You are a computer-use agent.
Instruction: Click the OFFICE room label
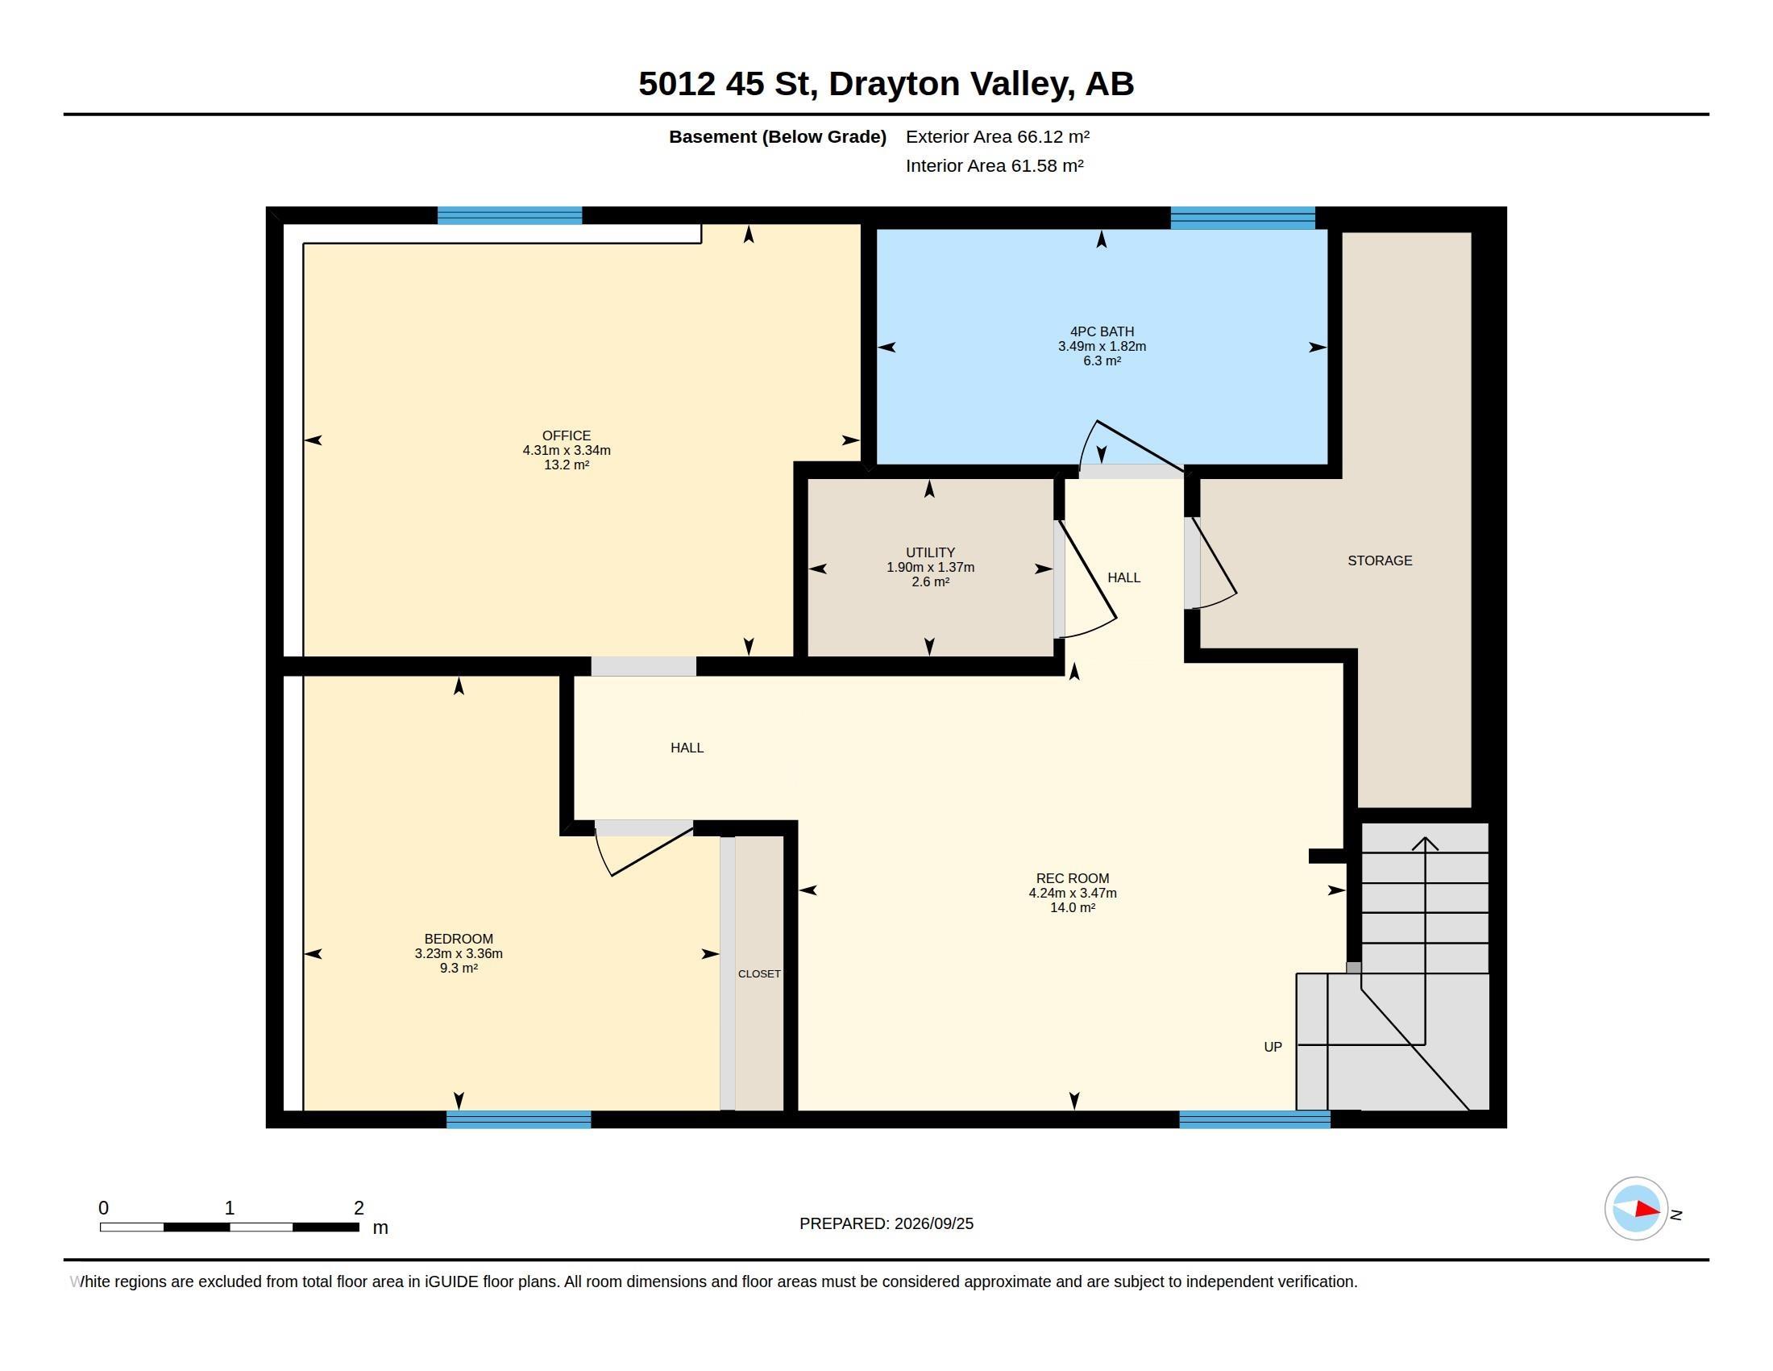[x=567, y=435]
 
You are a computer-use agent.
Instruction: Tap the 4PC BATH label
[x=1102, y=331]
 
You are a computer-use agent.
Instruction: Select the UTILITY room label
[x=930, y=552]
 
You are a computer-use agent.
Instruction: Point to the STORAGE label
[x=1379, y=560]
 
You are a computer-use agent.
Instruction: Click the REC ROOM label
[x=1073, y=878]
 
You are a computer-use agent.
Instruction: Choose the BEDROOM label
[x=459, y=938]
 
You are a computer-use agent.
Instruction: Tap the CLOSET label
[x=759, y=974]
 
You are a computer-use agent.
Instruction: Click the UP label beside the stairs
[x=1273, y=1047]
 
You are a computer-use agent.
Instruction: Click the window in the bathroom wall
[x=1242, y=218]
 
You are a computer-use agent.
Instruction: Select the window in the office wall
[x=510, y=215]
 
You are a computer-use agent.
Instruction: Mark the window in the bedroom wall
[x=519, y=1119]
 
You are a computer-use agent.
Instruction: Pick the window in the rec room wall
[x=1254, y=1119]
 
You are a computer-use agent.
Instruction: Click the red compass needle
[x=1648, y=1210]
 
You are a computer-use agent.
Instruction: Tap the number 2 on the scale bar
[x=359, y=1208]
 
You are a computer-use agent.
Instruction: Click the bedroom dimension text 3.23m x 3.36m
[x=459, y=953]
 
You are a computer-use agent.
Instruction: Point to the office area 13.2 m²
[x=567, y=465]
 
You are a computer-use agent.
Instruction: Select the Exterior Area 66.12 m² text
[x=998, y=136]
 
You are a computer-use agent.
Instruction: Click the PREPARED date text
[x=886, y=1223]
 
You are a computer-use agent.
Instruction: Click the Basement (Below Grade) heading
[x=777, y=136]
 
